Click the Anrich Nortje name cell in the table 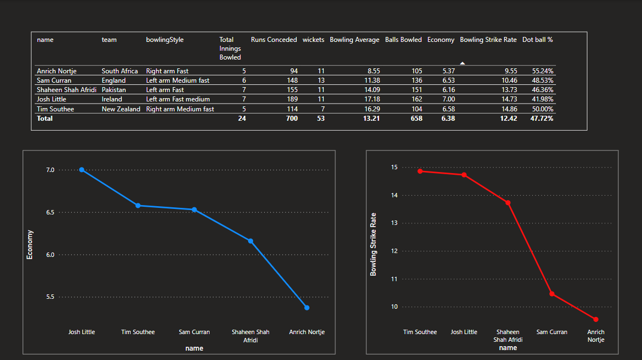click(x=56, y=71)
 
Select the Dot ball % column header click(x=537, y=40)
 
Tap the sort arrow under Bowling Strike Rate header click(x=462, y=63)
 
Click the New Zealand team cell click(x=121, y=109)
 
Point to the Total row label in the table click(x=45, y=119)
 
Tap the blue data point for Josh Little click(x=82, y=170)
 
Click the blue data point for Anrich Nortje click(x=307, y=308)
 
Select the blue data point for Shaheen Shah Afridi click(x=250, y=241)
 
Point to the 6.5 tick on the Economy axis click(x=50, y=212)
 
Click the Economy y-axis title click(x=30, y=245)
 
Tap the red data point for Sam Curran click(x=552, y=294)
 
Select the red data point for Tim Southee click(x=420, y=171)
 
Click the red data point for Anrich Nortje click(x=596, y=319)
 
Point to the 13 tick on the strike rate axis click(x=394, y=223)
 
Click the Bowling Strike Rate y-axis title click(x=373, y=244)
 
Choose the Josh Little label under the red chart click(x=464, y=332)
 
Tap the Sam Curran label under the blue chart click(x=194, y=332)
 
